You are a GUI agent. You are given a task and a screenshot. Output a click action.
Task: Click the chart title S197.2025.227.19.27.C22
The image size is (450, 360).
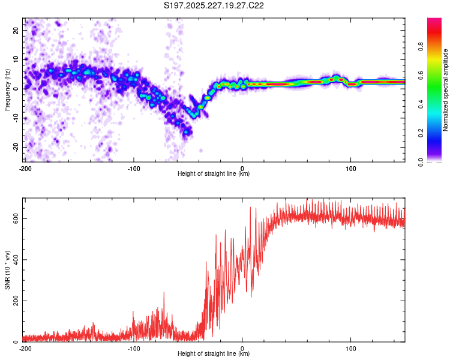[x=214, y=5]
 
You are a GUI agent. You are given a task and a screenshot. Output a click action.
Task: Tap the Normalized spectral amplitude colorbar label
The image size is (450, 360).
[x=446, y=90]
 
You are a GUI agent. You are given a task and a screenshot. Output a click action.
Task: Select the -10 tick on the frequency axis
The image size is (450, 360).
[x=16, y=118]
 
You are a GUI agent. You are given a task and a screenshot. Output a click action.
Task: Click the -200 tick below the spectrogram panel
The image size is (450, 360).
[x=25, y=167]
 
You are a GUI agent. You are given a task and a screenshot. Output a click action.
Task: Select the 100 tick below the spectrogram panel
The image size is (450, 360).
[x=351, y=167]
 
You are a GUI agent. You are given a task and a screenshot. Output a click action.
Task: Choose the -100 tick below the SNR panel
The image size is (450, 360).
[x=133, y=348]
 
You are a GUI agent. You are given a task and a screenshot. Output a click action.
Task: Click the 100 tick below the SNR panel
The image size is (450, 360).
[x=351, y=348]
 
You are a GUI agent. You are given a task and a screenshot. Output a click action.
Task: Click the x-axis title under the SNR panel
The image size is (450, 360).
[x=214, y=354]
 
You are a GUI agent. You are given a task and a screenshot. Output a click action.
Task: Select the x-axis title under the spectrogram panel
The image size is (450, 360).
[x=214, y=173]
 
